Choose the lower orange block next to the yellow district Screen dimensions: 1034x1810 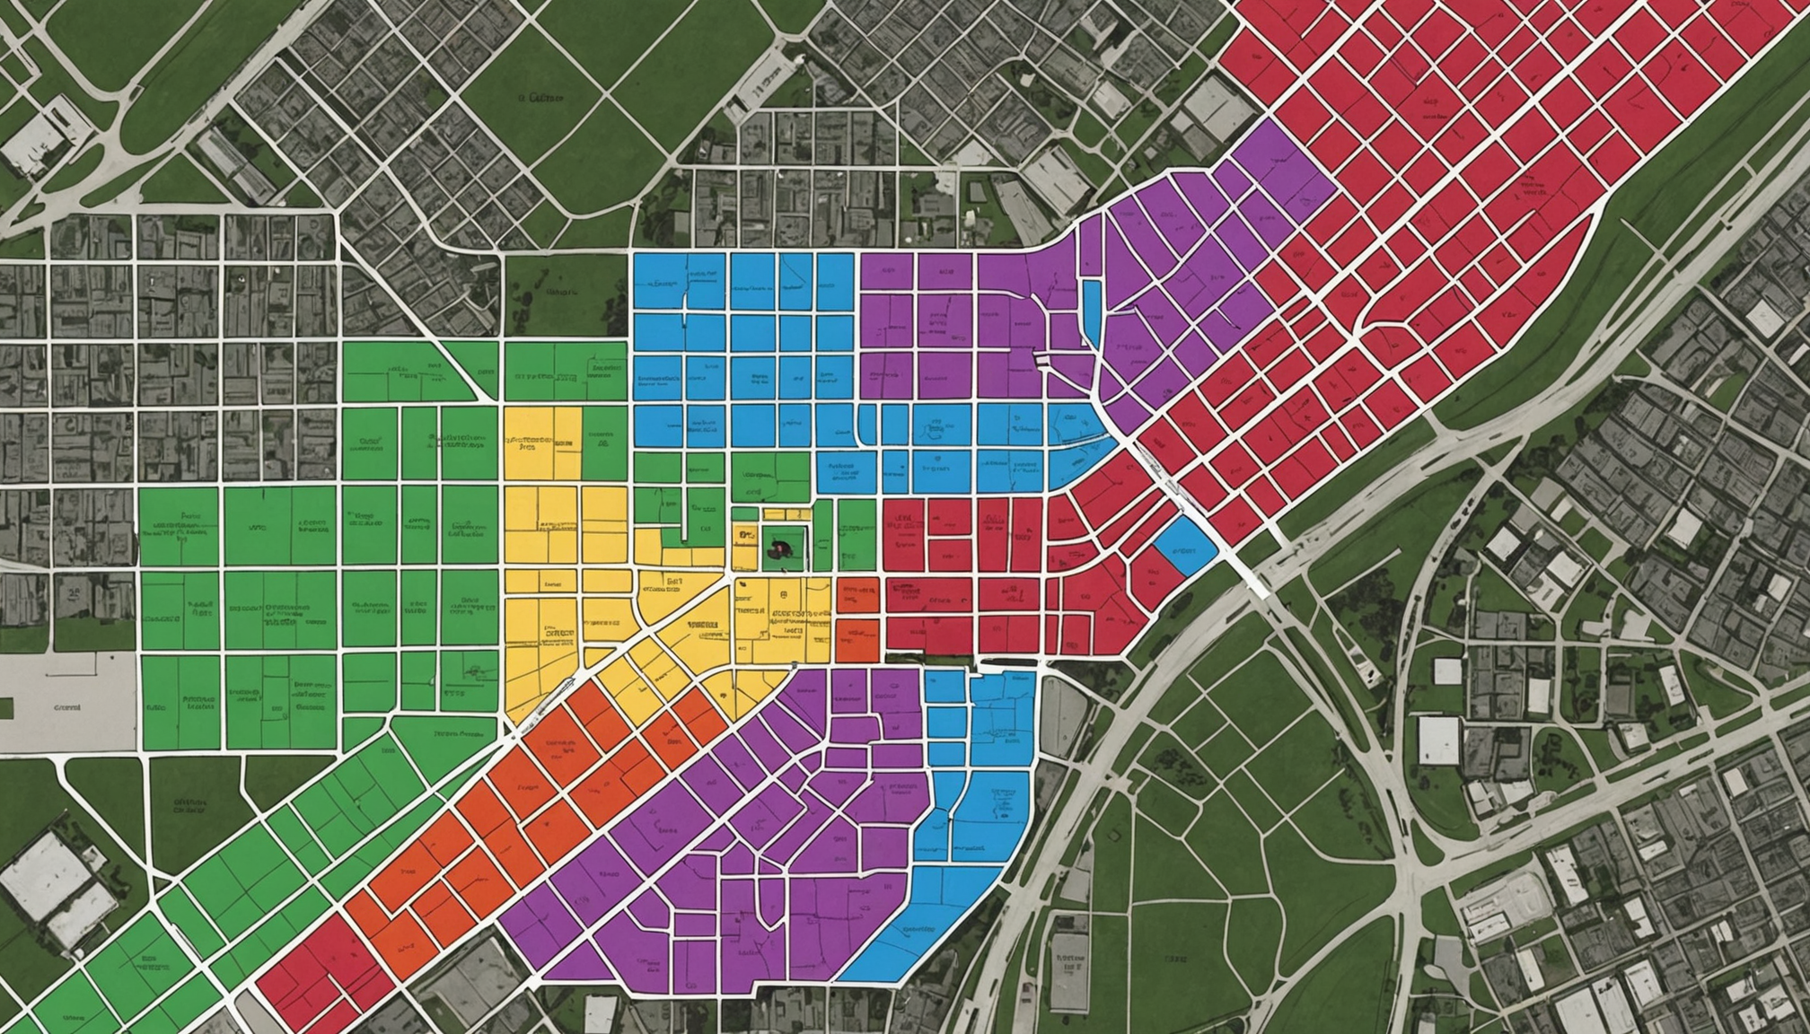coord(857,639)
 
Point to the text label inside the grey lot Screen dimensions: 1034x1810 coord(68,707)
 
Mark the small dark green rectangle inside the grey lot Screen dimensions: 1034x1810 coord(6,708)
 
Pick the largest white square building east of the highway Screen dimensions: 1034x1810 coord(1438,740)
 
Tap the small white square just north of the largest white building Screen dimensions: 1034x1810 coord(1447,670)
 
